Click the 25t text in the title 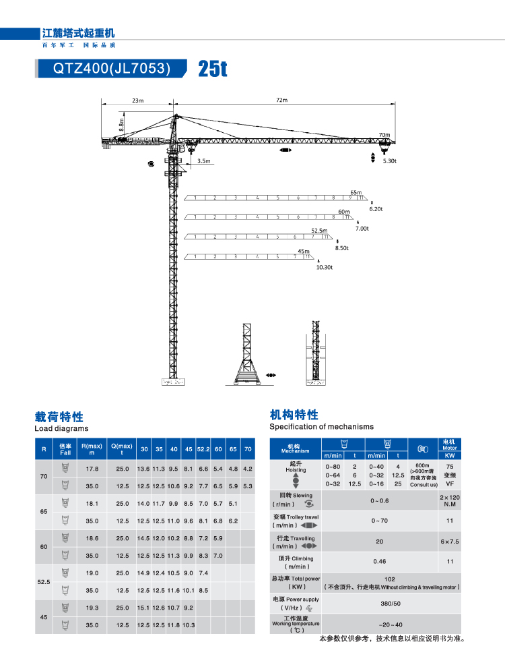tap(213, 69)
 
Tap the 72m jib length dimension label tap(281, 100)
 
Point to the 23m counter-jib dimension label tap(138, 100)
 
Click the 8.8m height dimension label tap(121, 124)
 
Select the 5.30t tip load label tap(390, 162)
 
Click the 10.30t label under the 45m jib tap(325, 267)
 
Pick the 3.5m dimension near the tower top tap(204, 161)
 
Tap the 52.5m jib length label tap(319, 231)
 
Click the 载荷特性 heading tap(59, 416)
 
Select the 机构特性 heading tap(294, 415)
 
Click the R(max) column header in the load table tap(92, 449)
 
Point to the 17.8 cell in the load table tap(92, 469)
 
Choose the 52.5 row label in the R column tap(44, 581)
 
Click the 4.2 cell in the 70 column tap(247, 469)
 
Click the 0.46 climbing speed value tap(380, 561)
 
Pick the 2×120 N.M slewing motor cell tap(450, 500)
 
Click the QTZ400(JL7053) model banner tap(112, 68)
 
